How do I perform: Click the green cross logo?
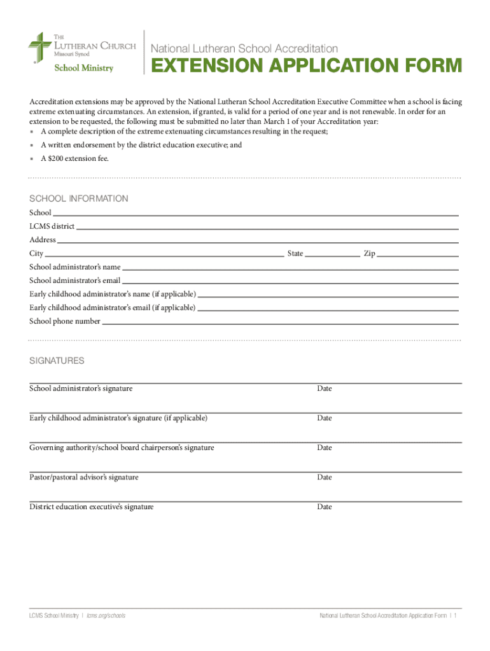(x=39, y=48)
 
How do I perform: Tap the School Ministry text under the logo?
(x=83, y=68)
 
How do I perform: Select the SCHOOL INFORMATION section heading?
(x=79, y=199)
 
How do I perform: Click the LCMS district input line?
(x=267, y=227)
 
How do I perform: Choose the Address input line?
(x=258, y=240)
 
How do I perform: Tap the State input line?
(x=332, y=254)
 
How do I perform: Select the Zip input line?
(x=418, y=254)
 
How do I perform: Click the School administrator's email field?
(x=290, y=281)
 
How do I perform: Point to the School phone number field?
(x=280, y=322)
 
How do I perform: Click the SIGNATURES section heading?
(x=57, y=360)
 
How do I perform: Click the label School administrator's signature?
(x=81, y=388)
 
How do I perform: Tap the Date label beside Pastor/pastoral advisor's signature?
(x=325, y=477)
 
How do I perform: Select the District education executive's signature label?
(x=92, y=507)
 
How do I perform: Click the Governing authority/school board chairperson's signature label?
(x=122, y=448)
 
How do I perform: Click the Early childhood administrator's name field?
(x=328, y=294)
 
